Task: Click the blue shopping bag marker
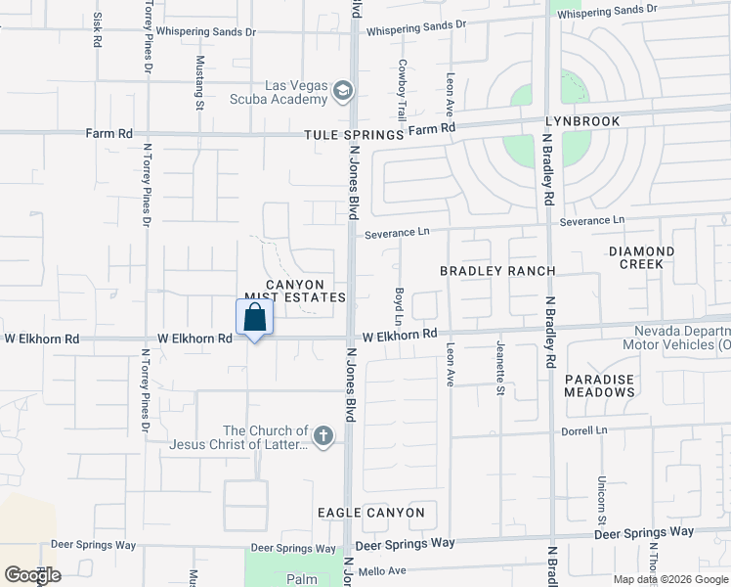[x=254, y=318]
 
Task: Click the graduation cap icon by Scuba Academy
[x=342, y=92]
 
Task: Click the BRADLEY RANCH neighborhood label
[x=497, y=271]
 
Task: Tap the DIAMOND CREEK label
[x=641, y=257]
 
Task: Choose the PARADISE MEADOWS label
[x=599, y=385]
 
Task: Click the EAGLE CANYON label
[x=370, y=513]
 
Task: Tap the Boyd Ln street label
[x=399, y=306]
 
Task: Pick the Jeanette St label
[x=499, y=376]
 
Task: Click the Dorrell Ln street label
[x=583, y=430]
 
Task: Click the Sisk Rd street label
[x=96, y=30]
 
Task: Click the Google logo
[x=32, y=575]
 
